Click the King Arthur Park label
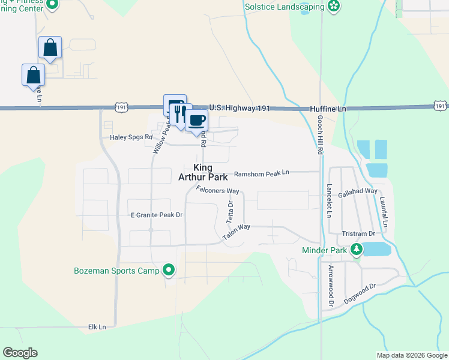click(x=203, y=172)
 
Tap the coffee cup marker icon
click(x=196, y=120)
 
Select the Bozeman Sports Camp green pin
click(x=169, y=271)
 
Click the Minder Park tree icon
click(x=357, y=248)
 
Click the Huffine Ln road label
click(x=328, y=109)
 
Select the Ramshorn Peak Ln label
click(x=261, y=173)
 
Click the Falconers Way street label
click(x=218, y=191)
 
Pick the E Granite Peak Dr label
click(x=156, y=214)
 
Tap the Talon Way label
click(x=236, y=233)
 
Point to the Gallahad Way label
click(x=358, y=191)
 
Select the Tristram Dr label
click(x=358, y=233)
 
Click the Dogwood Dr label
click(x=360, y=292)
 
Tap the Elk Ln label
click(x=97, y=326)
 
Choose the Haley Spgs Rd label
click(x=131, y=137)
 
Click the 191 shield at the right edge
click(x=440, y=106)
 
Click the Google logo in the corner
click(x=20, y=353)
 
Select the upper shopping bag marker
click(x=50, y=47)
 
